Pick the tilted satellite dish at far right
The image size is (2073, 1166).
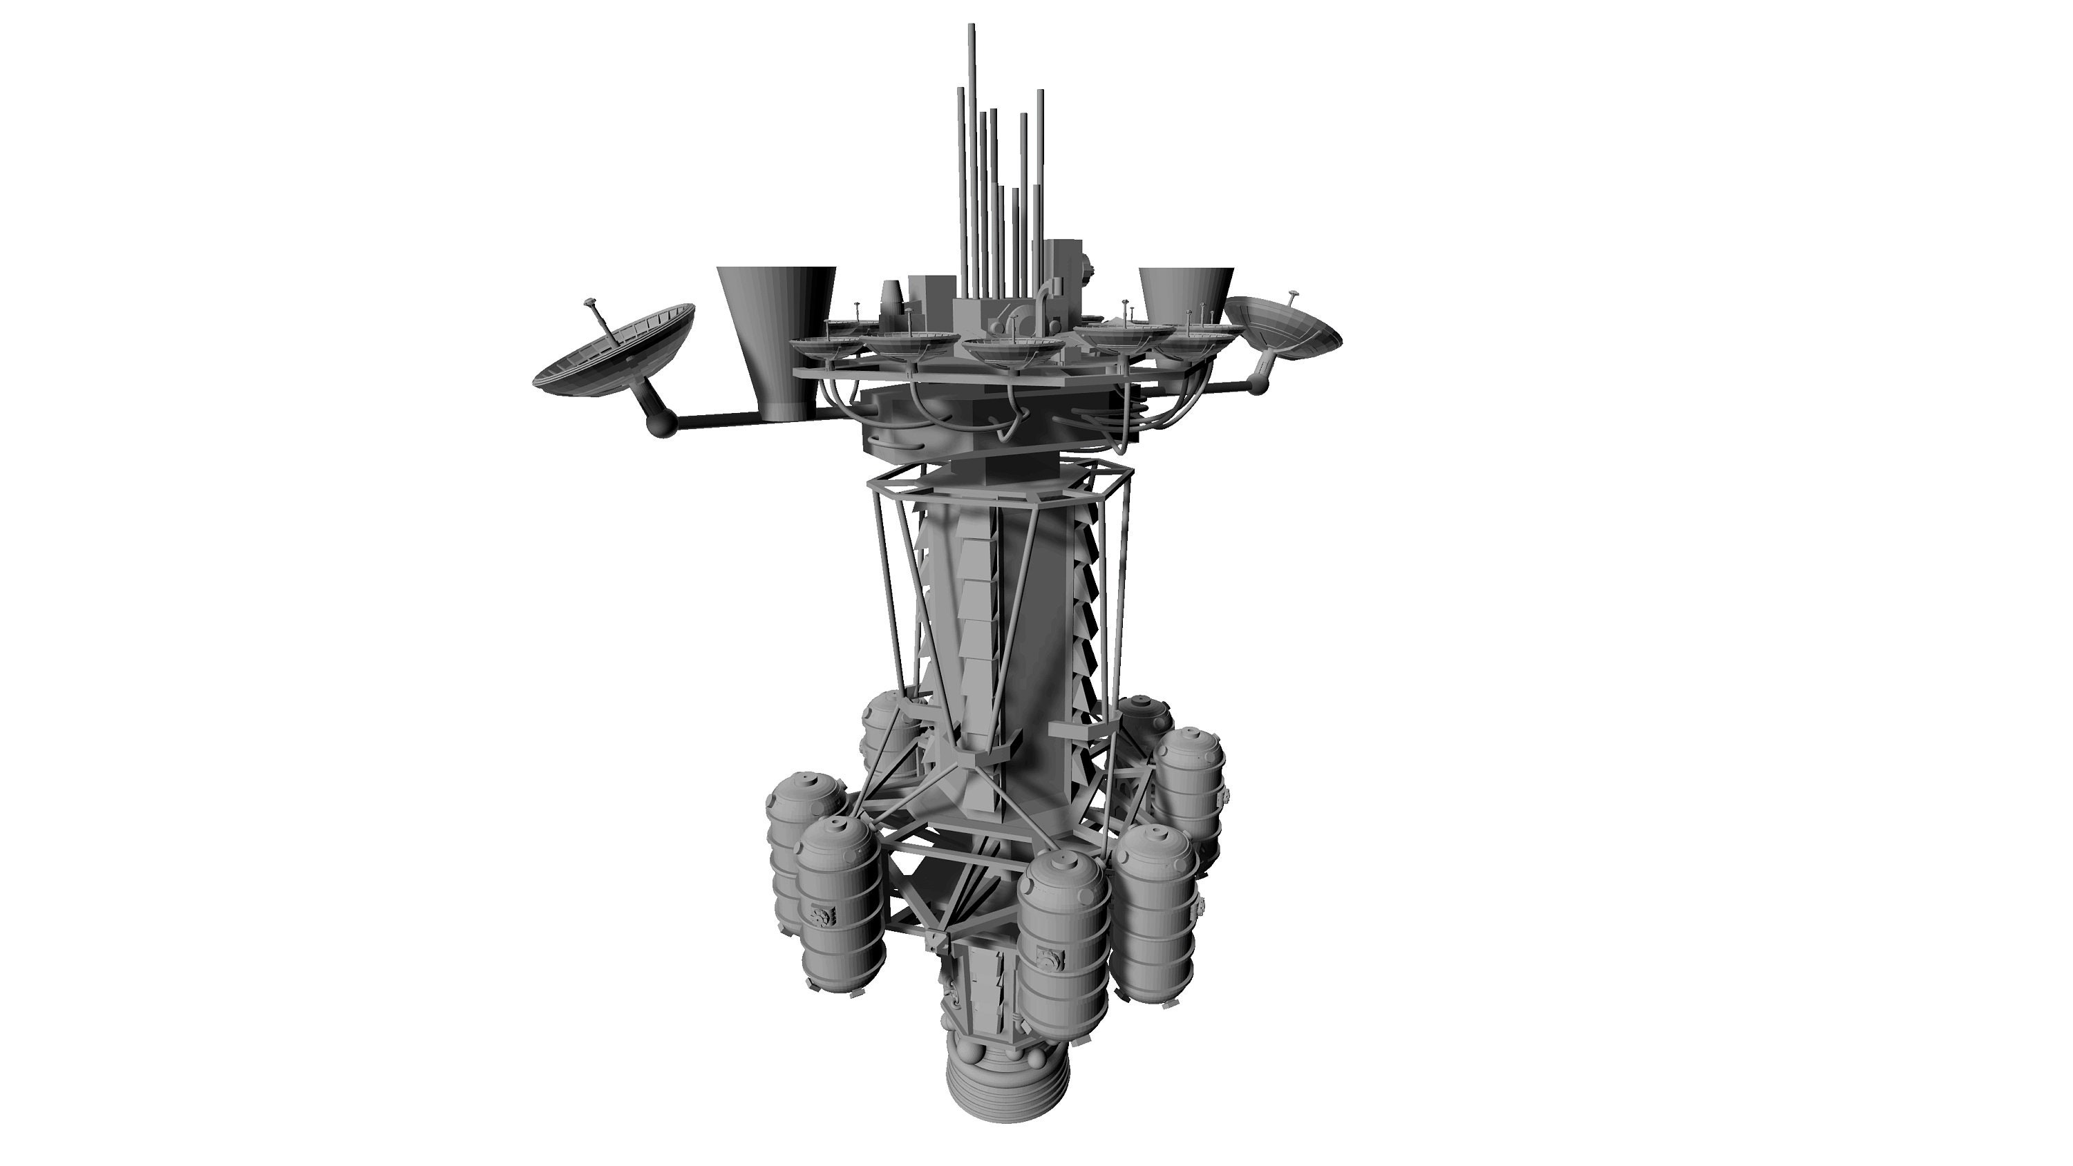click(1286, 326)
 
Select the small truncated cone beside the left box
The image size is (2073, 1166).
click(891, 302)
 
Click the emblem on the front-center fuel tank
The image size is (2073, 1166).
click(1050, 957)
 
